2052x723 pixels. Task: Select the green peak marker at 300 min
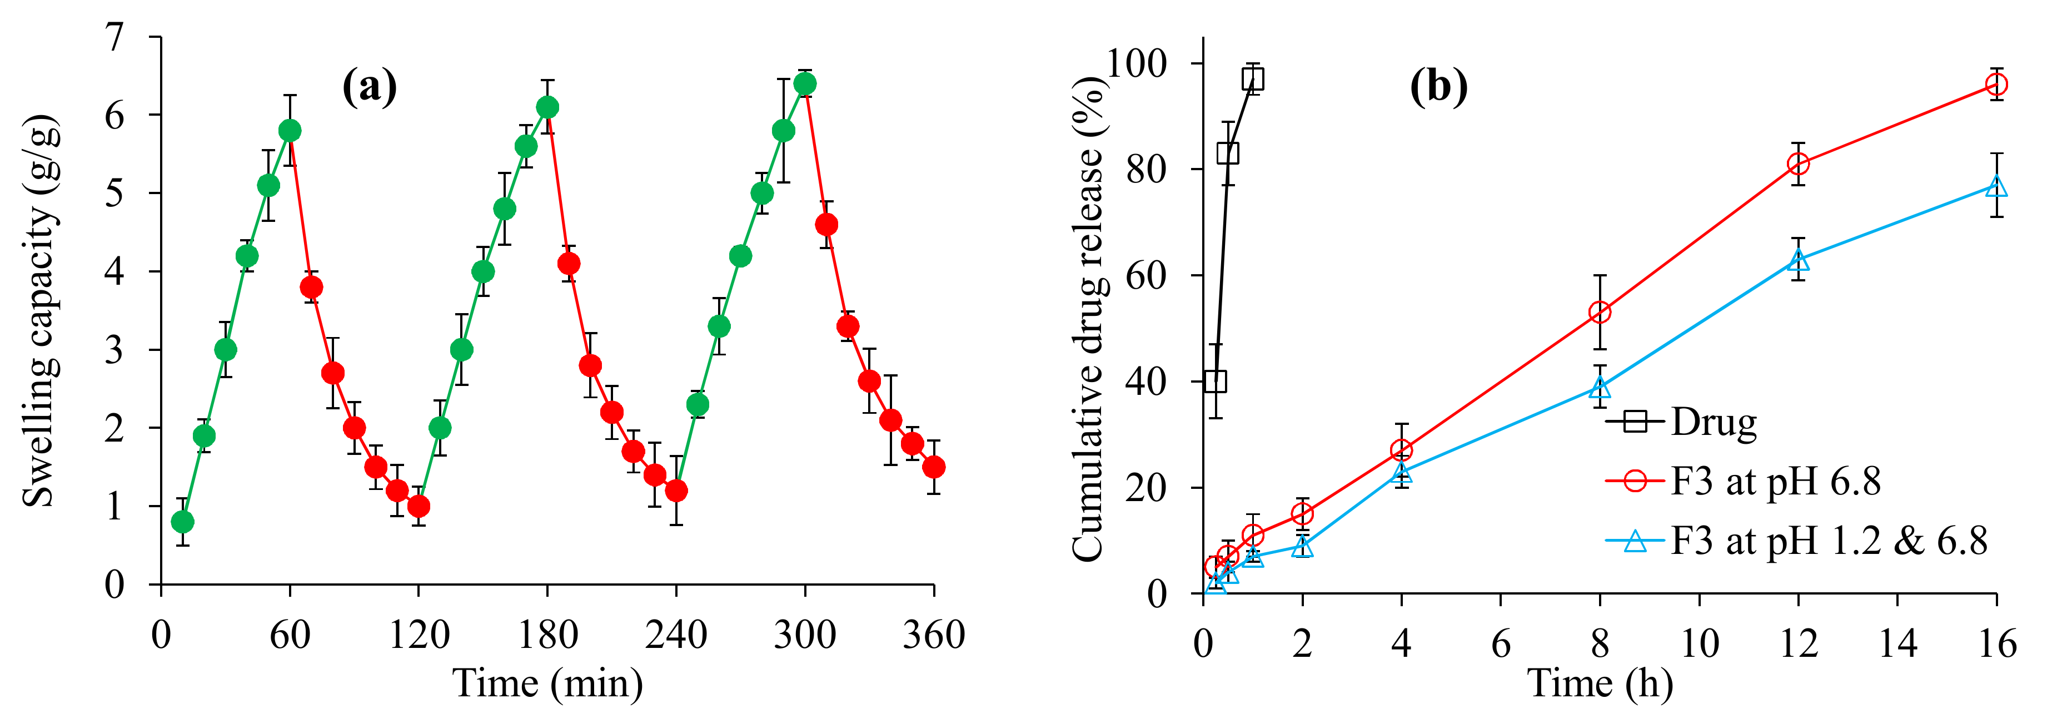tap(805, 83)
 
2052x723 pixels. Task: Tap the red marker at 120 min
tap(418, 506)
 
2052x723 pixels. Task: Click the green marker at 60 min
tap(290, 131)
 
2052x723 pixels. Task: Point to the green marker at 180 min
tap(547, 107)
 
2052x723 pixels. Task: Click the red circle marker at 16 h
tap(1995, 85)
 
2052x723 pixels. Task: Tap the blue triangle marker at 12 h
tap(1798, 260)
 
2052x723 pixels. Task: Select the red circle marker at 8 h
tap(1600, 313)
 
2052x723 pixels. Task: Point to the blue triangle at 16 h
tap(1995, 186)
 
